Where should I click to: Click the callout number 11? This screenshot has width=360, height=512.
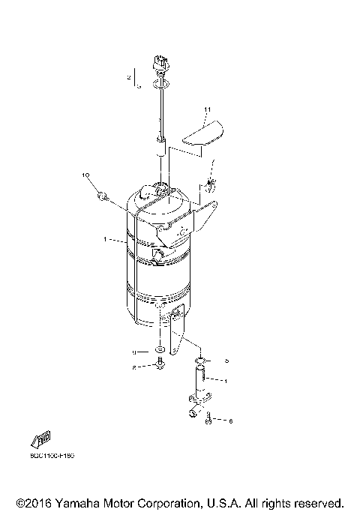click(208, 110)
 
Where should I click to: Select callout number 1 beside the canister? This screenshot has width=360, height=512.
click(105, 241)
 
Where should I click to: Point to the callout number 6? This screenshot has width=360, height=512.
click(229, 421)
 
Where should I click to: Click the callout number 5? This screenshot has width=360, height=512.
click(226, 360)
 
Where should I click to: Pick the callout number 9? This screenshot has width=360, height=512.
click(135, 351)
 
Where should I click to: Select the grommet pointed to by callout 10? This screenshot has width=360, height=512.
click(103, 196)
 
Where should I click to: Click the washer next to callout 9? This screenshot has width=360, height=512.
click(160, 351)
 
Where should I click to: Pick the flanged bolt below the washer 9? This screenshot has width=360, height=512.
click(159, 366)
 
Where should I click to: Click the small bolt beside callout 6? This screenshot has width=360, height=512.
click(208, 421)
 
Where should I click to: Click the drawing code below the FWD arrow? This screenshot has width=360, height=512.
click(52, 455)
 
